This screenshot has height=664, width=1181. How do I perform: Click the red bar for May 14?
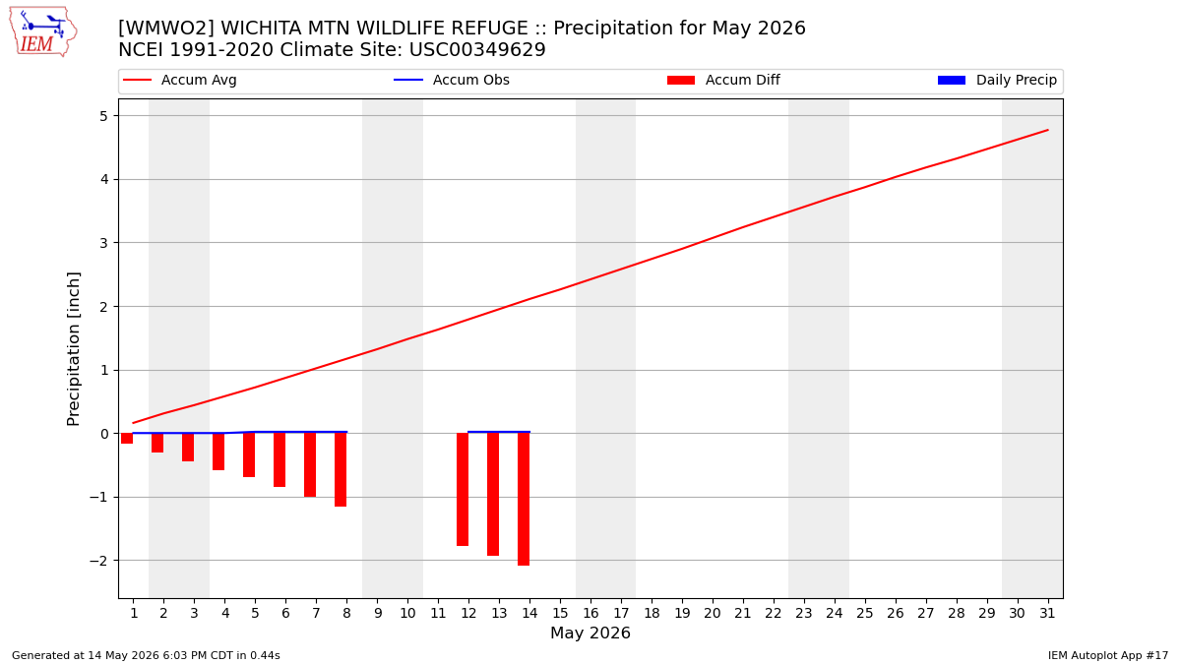click(x=524, y=499)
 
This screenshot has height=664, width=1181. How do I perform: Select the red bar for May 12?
click(x=463, y=489)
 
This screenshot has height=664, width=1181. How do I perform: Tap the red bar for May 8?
click(x=341, y=469)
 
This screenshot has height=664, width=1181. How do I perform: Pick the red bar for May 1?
click(x=127, y=438)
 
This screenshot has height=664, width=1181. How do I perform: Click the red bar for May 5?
click(x=249, y=454)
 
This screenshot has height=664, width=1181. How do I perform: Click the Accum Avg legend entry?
click(x=180, y=80)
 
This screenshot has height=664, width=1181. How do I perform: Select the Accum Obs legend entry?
click(x=452, y=80)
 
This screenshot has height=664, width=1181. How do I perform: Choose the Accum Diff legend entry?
click(x=723, y=80)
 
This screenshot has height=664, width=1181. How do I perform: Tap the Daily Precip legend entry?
click(x=998, y=80)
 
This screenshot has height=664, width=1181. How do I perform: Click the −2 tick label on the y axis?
click(x=98, y=561)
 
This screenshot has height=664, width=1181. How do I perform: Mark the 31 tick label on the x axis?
click(x=1047, y=614)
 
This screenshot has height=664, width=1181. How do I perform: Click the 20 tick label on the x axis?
click(x=713, y=614)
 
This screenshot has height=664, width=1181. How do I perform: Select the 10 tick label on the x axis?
click(x=407, y=614)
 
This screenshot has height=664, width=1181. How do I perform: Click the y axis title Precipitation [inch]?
click(x=73, y=349)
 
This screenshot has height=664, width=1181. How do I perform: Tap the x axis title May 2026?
click(x=590, y=633)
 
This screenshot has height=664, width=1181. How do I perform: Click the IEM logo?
click(x=43, y=32)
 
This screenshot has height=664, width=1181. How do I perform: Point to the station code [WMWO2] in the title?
click(x=163, y=28)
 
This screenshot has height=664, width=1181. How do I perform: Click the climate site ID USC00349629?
click(x=477, y=50)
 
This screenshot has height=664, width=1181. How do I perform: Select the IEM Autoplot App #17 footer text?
click(x=1108, y=655)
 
